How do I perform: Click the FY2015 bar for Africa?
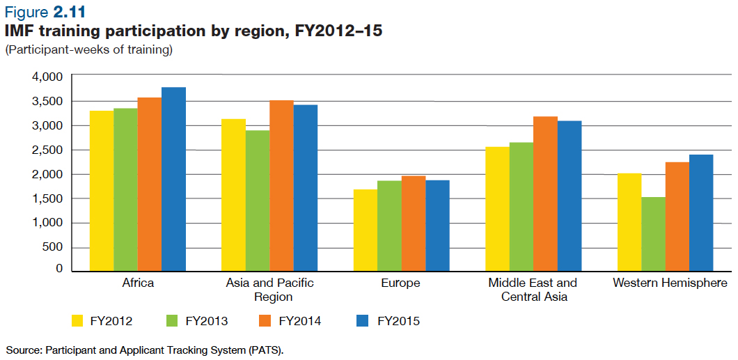[173, 178]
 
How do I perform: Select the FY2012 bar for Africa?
[102, 190]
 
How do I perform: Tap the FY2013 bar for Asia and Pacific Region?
[258, 200]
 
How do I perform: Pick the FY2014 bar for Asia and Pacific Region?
[281, 185]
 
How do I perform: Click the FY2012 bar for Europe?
[366, 229]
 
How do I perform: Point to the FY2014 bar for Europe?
[414, 223]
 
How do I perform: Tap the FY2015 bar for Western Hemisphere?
[701, 212]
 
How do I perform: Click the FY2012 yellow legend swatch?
[79, 321]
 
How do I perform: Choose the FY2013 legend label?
[207, 321]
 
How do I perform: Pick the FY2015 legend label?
[398, 321]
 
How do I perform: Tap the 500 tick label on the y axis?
[53, 247]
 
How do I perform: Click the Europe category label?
[400, 283]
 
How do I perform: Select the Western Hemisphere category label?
[670, 283]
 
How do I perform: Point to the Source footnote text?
[145, 349]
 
